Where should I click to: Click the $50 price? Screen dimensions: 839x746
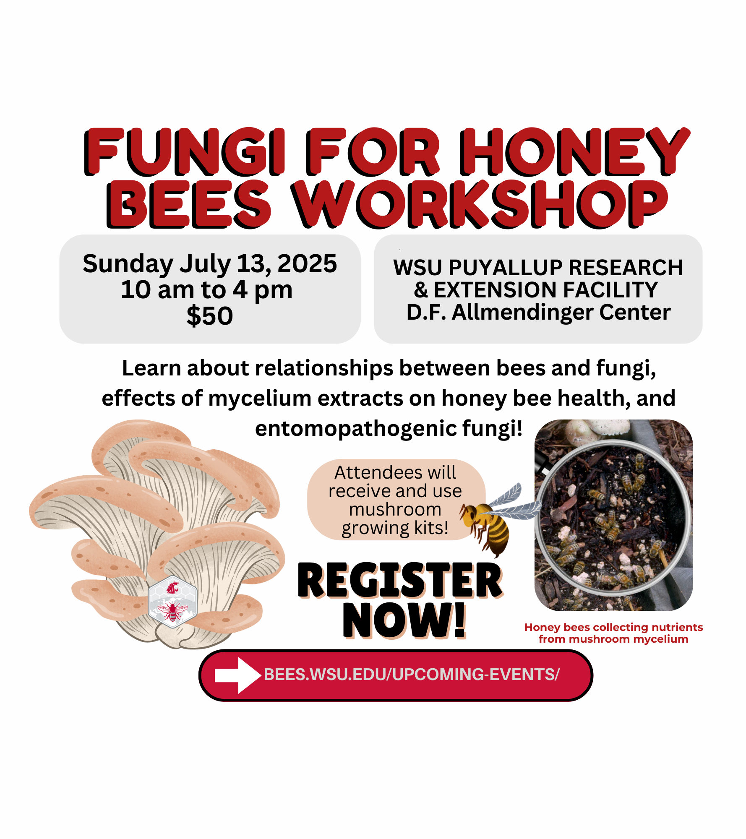coord(210,315)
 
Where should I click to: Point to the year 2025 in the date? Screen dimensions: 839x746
coord(307,264)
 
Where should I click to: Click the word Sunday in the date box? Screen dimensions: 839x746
coord(128,264)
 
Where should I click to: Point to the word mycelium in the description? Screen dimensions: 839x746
coord(260,398)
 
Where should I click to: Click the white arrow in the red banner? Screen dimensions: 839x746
coord(237,675)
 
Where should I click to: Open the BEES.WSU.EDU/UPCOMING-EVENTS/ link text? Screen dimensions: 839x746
coord(412,675)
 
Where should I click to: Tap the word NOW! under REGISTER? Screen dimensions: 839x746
coord(404,620)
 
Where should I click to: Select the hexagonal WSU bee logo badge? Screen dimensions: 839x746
coord(172,602)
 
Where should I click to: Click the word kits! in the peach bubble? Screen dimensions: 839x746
coord(431,528)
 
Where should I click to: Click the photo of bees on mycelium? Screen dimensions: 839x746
coord(613,515)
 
